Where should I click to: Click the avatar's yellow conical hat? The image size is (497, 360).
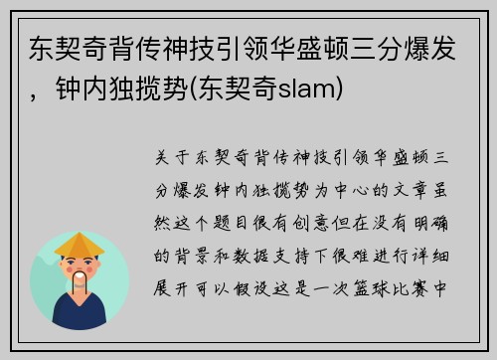coord(80,244)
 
